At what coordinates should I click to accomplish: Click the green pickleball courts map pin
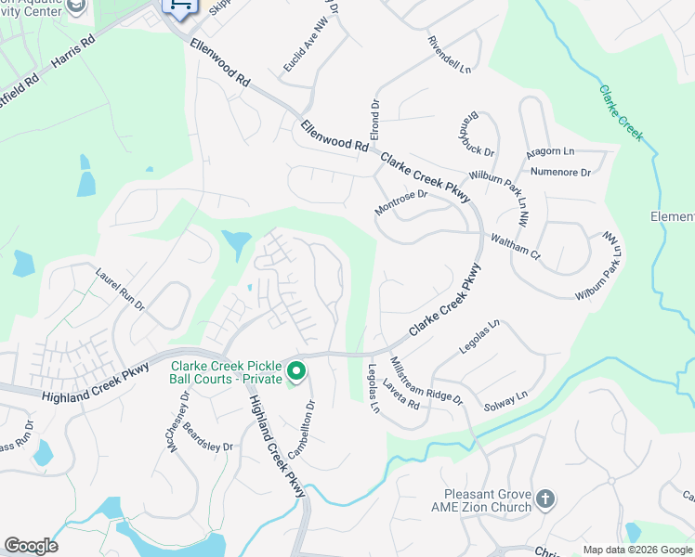(296, 372)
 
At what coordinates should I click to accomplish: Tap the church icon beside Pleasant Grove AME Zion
(545, 499)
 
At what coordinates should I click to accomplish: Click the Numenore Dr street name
(560, 172)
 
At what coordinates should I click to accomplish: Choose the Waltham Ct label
(516, 246)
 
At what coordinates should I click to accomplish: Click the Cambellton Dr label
(302, 429)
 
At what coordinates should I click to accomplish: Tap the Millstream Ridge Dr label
(426, 380)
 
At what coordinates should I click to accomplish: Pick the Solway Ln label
(505, 402)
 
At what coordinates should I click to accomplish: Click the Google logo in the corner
(31, 546)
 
